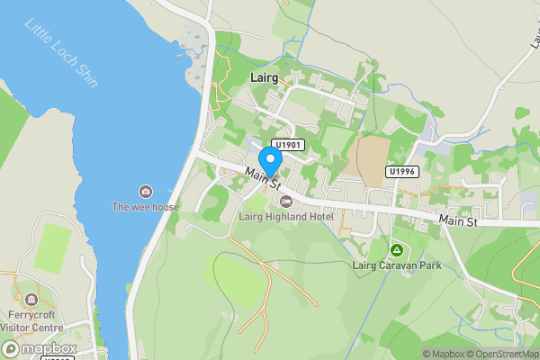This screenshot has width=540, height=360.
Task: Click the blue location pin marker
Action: tap(270, 161)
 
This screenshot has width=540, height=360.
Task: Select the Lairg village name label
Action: tap(263, 79)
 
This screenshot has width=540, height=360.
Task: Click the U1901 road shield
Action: tap(289, 144)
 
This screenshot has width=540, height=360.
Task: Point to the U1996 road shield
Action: tap(402, 171)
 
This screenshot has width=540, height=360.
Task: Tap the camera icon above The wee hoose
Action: tap(146, 191)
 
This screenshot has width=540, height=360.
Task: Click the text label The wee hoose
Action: tap(146, 207)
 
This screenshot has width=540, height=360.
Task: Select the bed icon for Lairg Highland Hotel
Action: tap(286, 201)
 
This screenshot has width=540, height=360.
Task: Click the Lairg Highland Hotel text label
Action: tap(286, 217)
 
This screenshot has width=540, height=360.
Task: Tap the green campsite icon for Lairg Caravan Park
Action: tap(395, 248)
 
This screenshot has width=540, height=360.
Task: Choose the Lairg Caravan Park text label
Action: tap(395, 265)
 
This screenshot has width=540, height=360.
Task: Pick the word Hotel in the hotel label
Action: tap(319, 217)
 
